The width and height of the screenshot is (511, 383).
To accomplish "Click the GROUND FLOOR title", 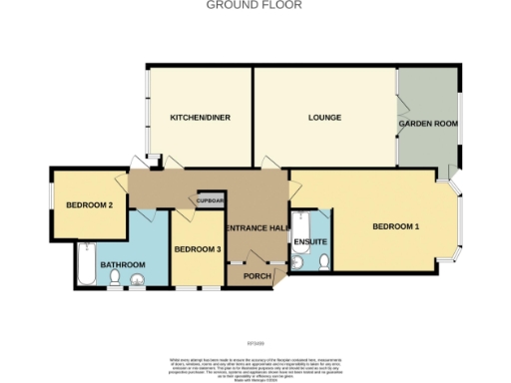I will [254, 5].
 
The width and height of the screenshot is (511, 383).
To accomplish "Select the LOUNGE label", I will [324, 118].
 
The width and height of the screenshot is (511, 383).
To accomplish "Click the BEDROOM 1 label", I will [395, 226].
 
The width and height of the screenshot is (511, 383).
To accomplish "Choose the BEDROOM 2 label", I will [89, 206].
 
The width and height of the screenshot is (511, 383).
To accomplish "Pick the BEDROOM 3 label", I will [197, 249].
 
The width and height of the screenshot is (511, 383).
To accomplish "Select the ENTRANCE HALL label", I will [257, 228].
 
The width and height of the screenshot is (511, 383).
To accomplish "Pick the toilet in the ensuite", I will [324, 262].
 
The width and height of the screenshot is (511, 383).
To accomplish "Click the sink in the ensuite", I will [299, 261].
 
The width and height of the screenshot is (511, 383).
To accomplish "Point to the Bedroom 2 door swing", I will [146, 212].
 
